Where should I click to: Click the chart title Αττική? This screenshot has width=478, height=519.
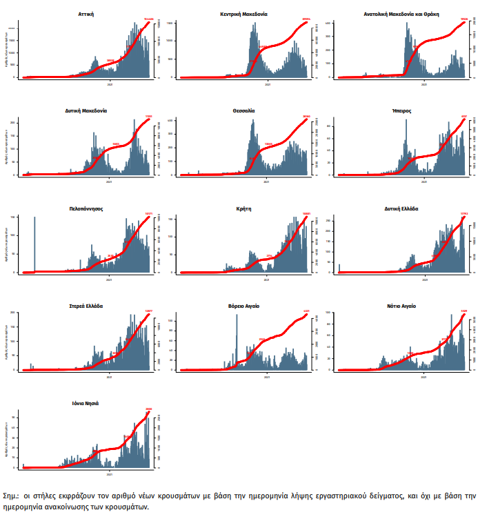point(87,13)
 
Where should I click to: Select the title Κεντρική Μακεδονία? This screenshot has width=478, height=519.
point(244,13)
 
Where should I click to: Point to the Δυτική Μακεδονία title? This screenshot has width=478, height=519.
point(87,110)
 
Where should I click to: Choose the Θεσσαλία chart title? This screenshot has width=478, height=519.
point(244,110)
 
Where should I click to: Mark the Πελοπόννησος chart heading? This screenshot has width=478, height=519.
point(87,208)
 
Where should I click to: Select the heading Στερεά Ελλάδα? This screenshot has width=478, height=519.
point(87,305)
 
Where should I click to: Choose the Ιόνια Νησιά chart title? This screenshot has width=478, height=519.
point(87,402)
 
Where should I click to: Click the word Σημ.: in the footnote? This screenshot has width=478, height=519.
point(12,496)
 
